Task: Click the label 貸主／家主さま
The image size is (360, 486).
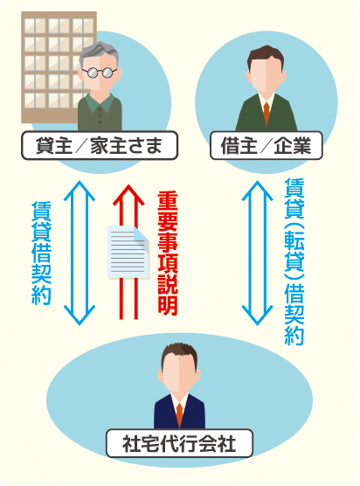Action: [100, 146]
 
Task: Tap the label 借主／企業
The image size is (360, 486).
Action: [267, 146]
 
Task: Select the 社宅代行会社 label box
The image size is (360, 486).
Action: [179, 443]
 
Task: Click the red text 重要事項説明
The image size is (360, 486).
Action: [167, 253]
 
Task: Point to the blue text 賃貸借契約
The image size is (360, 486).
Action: [42, 253]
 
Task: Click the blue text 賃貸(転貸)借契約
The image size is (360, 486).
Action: [294, 261]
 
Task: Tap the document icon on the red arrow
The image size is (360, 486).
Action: [128, 252]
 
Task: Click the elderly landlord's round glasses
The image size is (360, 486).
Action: [99, 73]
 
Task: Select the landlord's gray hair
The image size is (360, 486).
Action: [99, 53]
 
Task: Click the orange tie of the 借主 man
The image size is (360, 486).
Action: [267, 113]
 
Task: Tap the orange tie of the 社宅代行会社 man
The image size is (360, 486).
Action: [179, 414]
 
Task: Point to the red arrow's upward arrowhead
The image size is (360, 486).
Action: [128, 195]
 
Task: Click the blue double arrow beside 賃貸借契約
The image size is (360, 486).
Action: [80, 253]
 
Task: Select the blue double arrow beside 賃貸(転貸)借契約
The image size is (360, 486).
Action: [257, 253]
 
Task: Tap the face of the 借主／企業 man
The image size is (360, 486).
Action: [267, 73]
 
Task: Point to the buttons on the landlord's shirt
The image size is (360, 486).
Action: [100, 115]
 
